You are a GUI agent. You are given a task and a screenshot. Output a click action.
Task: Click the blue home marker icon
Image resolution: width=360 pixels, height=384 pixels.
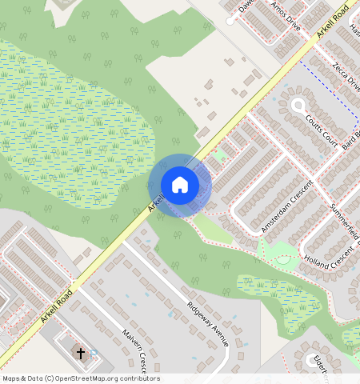click(180, 185)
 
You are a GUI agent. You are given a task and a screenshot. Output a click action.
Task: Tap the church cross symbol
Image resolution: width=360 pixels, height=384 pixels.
click(80, 352)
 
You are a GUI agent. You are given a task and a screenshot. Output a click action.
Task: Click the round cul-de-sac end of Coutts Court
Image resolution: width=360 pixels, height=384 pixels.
click(298, 105)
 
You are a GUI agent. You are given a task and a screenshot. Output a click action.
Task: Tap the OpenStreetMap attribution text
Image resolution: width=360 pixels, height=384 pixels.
click(81, 378)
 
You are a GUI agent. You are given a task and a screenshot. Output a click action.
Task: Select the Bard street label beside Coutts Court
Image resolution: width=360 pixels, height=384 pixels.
click(350, 139)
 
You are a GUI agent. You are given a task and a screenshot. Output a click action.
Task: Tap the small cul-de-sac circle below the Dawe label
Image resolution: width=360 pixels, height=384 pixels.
click(230, 21)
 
